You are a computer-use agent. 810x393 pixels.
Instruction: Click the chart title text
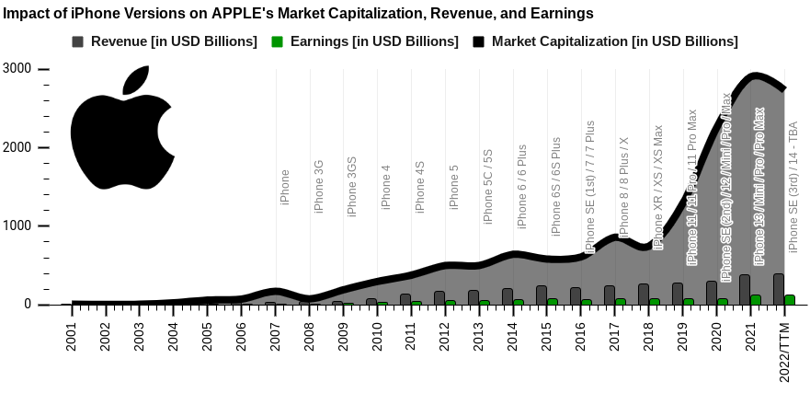coord(299,14)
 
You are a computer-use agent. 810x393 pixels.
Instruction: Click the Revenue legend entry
coord(165,42)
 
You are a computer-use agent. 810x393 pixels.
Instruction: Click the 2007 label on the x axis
coord(276,337)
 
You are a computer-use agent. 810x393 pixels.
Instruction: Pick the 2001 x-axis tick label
coord(72,337)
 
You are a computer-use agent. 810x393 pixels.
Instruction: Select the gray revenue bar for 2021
coord(745,289)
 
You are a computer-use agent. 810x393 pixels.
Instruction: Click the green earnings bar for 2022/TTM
coord(790,299)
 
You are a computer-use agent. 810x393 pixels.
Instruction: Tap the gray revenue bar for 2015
coord(542,295)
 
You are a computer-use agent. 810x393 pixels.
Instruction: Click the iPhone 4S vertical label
coord(420,187)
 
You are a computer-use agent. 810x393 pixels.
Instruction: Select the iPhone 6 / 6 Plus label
coord(522,186)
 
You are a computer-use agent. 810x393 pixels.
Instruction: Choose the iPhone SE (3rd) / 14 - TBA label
coord(793,185)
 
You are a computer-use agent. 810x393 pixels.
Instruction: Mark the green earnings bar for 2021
coord(756,299)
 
